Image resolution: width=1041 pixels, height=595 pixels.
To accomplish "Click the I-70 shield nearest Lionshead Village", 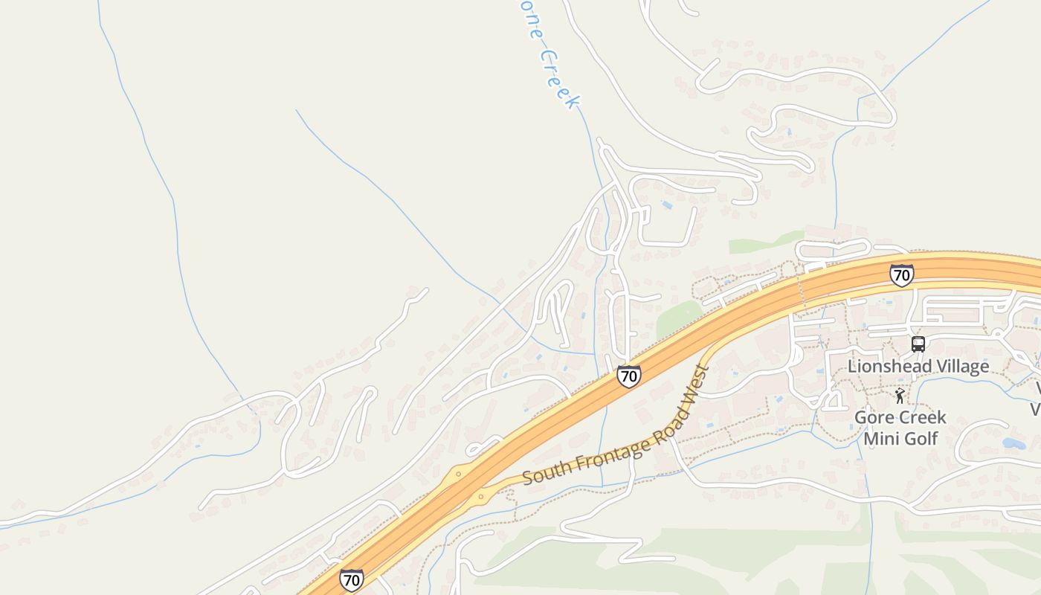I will point(901,275).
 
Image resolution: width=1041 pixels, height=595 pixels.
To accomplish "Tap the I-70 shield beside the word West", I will point(628,376).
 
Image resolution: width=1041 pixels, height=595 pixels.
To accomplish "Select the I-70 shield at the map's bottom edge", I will point(352,579).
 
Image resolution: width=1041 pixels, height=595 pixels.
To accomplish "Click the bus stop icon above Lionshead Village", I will point(918,344).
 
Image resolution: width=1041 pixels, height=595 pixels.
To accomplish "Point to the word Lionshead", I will point(886,366).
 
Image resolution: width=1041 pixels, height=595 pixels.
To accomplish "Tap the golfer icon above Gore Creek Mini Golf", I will point(900,396).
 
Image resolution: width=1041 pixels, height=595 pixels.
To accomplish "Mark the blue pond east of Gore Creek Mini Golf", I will point(1013,443).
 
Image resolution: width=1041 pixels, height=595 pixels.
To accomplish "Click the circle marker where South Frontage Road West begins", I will point(481,496).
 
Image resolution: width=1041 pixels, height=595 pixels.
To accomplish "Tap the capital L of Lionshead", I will point(852,366).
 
